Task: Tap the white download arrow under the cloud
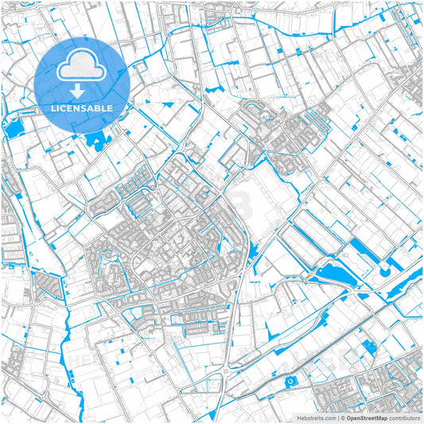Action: point(82,92)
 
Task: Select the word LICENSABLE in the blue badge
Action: point(82,107)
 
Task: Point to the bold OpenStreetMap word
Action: point(366,417)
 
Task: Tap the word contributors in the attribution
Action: point(404,417)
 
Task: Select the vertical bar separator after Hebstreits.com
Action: point(337,417)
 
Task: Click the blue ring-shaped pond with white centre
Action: point(291,383)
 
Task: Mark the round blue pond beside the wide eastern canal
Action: point(385,272)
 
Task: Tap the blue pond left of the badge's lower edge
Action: point(16,127)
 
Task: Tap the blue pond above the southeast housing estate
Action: point(368,347)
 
